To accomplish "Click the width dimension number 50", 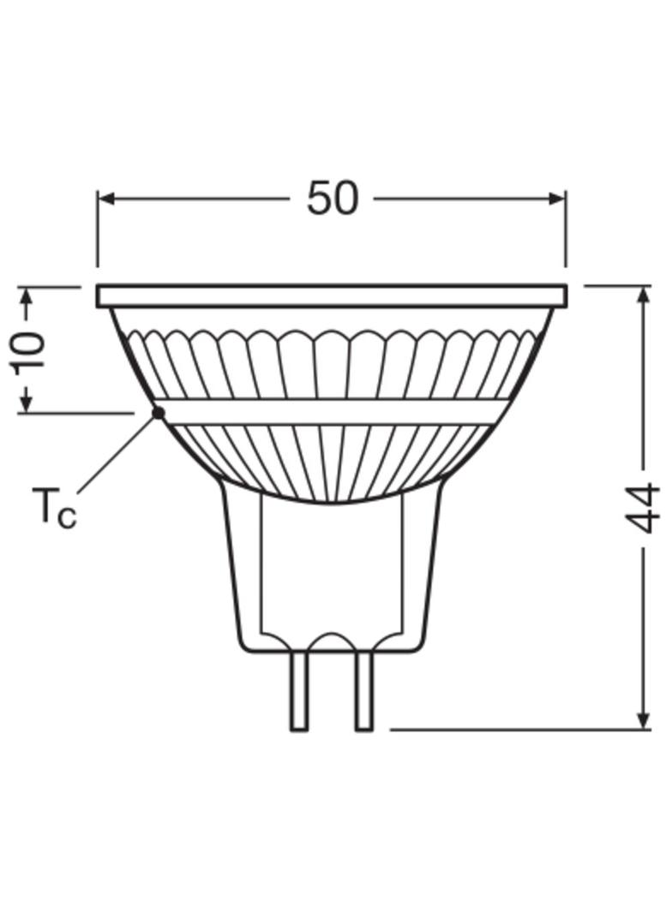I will [332, 199].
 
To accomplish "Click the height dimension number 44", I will [645, 508].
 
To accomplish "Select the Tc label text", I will [54, 506].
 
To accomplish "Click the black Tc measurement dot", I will [159, 413].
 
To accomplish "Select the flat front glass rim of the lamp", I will [332, 296].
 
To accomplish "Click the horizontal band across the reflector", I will [332, 412].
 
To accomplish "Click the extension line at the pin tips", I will [514, 730].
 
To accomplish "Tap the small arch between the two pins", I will [332, 640].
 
